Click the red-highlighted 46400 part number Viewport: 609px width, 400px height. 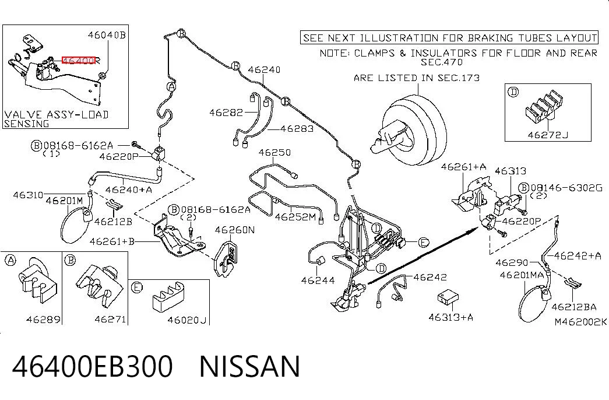pos(79,60)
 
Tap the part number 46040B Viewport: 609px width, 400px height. pos(107,35)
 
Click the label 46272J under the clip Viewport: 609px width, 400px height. pos(548,135)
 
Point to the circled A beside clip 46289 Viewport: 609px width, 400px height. pos(10,260)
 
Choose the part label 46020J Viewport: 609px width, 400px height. pos(187,320)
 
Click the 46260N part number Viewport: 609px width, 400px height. pos(235,230)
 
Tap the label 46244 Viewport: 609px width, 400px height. pos(318,280)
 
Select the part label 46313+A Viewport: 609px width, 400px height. pos(450,317)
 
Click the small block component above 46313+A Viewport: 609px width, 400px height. pos(448,297)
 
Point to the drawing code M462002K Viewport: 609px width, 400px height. pos(580,321)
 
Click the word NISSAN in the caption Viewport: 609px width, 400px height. pos(250,366)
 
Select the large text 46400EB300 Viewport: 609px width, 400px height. pos(93,366)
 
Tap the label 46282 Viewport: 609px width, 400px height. pos(226,113)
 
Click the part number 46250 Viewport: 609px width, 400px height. pos(274,152)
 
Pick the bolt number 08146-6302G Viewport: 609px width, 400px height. pos(566,188)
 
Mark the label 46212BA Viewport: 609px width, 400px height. pos(573,307)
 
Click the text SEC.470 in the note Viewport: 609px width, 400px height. pos(442,62)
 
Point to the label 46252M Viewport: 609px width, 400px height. pos(295,216)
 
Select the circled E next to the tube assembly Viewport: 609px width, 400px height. pos(423,243)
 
